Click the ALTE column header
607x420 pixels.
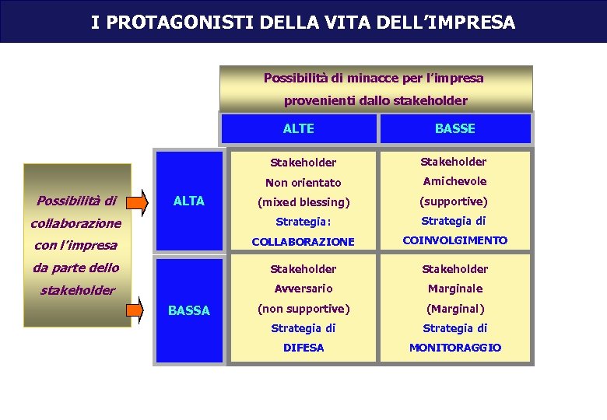click(x=299, y=128)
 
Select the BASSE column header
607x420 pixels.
click(x=455, y=128)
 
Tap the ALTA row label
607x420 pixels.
click(x=188, y=201)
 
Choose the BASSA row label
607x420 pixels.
click(x=189, y=310)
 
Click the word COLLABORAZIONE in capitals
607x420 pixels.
click(x=303, y=242)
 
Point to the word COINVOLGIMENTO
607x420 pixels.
click(x=454, y=240)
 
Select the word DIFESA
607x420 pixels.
click(x=303, y=348)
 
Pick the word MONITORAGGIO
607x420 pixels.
click(x=455, y=348)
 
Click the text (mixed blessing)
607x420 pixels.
click(x=303, y=202)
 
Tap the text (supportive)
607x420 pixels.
click(x=454, y=201)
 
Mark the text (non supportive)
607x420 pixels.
click(x=303, y=308)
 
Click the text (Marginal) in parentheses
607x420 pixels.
click(x=455, y=308)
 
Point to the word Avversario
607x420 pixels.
click(x=303, y=289)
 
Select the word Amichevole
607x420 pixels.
click(x=454, y=181)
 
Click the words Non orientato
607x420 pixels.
click(x=303, y=183)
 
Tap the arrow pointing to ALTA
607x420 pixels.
click(x=138, y=201)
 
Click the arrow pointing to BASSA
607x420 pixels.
click(x=138, y=310)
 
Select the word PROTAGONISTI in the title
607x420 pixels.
click(x=173, y=23)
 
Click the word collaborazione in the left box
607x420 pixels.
click(x=75, y=223)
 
